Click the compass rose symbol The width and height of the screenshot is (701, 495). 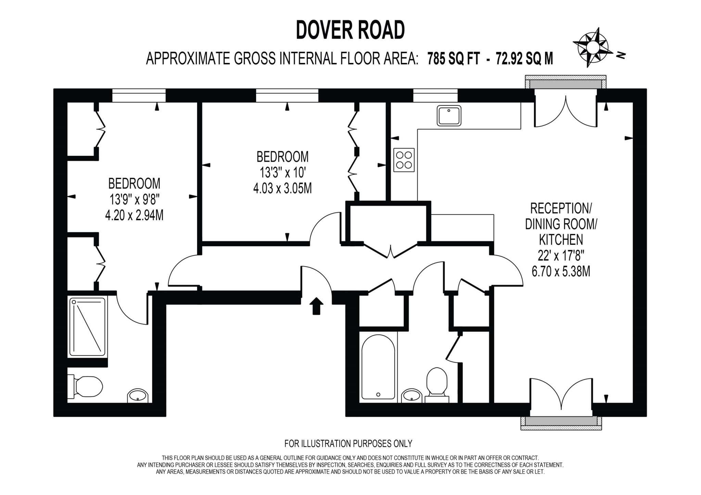592,48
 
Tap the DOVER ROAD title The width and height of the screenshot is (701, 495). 350,30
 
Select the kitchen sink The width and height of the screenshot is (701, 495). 449,115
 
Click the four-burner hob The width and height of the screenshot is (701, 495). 404,160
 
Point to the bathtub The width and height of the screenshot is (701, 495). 378,367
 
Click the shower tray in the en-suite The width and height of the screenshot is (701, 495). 87,327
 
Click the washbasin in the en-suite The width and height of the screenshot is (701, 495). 138,396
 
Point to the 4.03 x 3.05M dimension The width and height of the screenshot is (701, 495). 282,189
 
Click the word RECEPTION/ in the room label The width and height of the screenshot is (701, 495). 561,208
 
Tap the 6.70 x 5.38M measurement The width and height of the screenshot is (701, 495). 561,272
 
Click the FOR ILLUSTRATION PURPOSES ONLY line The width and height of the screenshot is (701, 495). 348,444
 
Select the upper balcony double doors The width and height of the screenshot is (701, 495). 566,111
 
